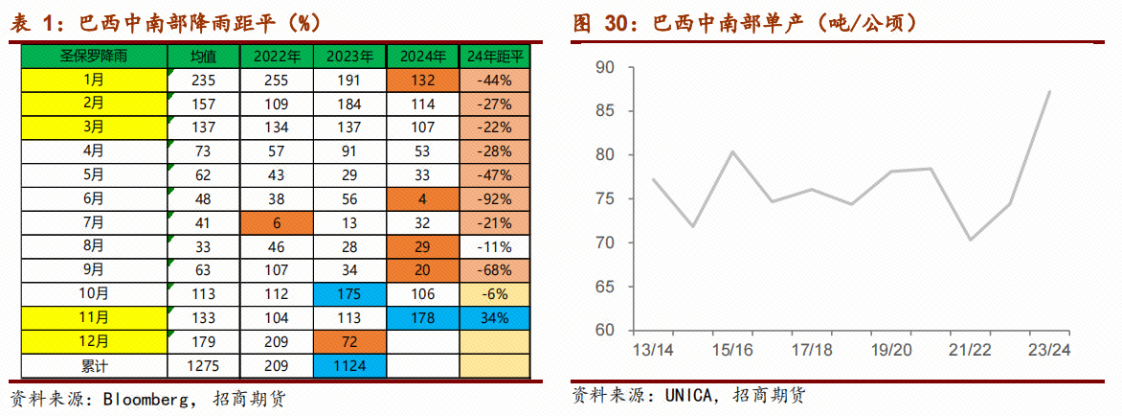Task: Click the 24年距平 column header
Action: click(x=494, y=57)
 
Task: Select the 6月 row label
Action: click(x=94, y=199)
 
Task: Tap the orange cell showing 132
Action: click(x=422, y=81)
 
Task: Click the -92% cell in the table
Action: click(x=494, y=199)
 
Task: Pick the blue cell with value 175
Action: click(x=349, y=294)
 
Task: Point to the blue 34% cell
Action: click(x=494, y=318)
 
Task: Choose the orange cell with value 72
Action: click(x=349, y=341)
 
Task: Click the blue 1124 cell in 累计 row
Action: click(x=349, y=365)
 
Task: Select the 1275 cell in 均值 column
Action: click(x=203, y=365)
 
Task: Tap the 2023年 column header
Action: click(x=349, y=57)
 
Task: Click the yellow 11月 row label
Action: click(x=94, y=318)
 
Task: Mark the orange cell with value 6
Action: click(x=277, y=223)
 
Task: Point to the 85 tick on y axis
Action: click(x=604, y=111)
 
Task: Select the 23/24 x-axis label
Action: click(x=1049, y=350)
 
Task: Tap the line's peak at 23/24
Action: click(x=1049, y=92)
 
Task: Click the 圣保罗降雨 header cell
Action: click(x=94, y=57)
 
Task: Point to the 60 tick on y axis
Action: click(x=604, y=331)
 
